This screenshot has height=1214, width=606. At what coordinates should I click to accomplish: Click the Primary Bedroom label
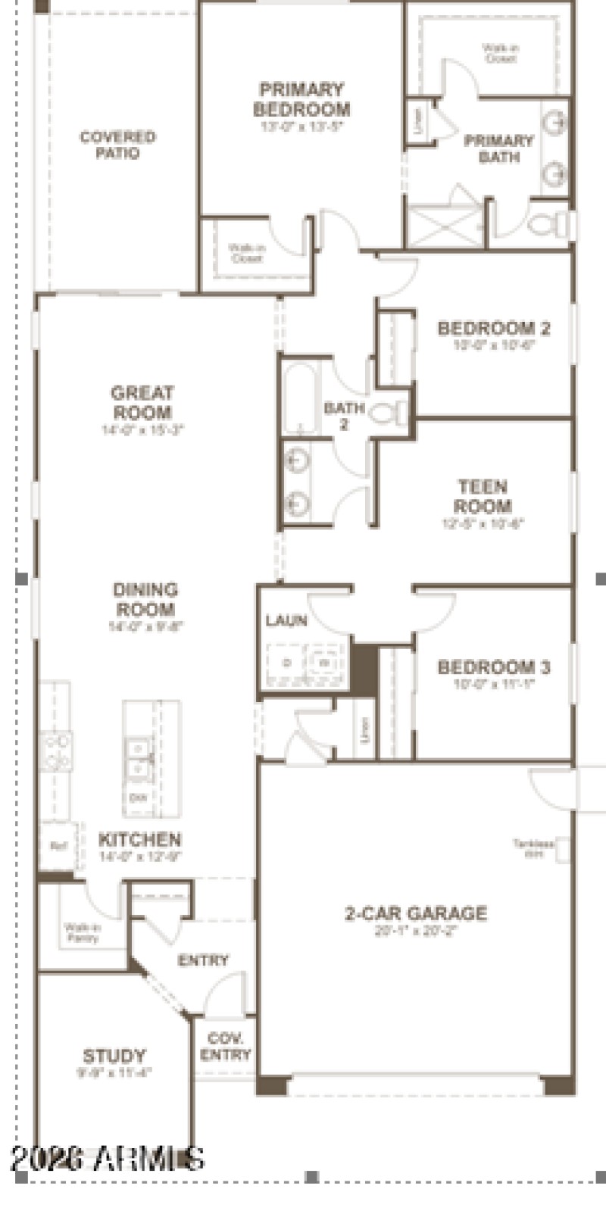[x=301, y=99]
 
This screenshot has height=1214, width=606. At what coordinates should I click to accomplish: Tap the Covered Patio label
[x=117, y=145]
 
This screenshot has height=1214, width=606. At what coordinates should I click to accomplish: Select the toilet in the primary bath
[x=547, y=224]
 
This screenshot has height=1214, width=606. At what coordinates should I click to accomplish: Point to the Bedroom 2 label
[x=493, y=329]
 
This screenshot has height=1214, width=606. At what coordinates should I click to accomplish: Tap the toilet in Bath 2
[x=390, y=414]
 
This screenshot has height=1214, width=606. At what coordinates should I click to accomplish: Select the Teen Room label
[x=483, y=496]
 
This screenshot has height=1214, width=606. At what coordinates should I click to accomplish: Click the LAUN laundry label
[x=286, y=621]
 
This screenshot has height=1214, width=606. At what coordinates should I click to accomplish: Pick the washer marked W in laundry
[x=324, y=663]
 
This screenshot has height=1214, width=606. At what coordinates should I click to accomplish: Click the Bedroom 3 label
[x=493, y=667]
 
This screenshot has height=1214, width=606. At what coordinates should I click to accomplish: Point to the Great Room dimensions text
[x=143, y=430]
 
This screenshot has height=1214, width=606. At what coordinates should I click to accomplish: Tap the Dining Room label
[x=145, y=599]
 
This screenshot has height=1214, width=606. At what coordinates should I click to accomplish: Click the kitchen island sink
[x=138, y=758]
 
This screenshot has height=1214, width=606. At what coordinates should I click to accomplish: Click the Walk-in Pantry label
[x=82, y=932]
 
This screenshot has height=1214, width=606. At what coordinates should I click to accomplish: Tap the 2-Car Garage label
[x=416, y=913]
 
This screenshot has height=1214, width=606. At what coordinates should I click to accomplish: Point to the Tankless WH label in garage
[x=533, y=847]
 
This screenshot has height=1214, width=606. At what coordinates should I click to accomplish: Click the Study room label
[x=114, y=1056]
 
